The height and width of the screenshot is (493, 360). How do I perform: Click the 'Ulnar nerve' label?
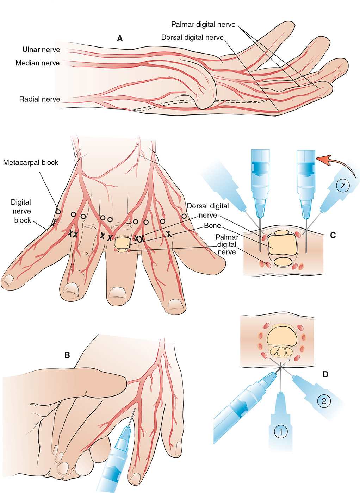[x=41, y=50]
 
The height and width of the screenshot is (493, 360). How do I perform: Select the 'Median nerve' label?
[x=37, y=63]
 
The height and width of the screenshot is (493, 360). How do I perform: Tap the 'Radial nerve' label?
[x=39, y=99]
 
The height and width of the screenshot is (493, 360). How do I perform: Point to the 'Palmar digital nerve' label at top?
[x=203, y=25]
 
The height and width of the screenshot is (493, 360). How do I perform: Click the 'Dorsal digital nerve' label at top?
[x=192, y=37]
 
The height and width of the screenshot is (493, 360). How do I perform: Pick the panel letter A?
[x=120, y=39]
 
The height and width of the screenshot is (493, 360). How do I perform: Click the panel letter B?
[x=67, y=355]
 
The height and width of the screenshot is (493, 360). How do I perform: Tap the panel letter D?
[x=325, y=374]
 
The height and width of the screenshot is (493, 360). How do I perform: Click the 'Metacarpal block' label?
[x=31, y=163]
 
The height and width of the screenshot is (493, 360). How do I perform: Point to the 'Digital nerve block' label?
[x=21, y=211]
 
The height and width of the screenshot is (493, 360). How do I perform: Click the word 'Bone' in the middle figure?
[x=212, y=225]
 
